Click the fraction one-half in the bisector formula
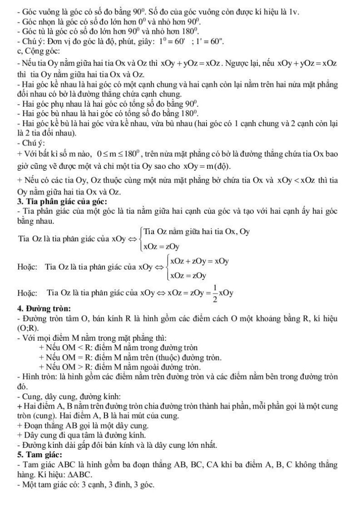211,292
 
